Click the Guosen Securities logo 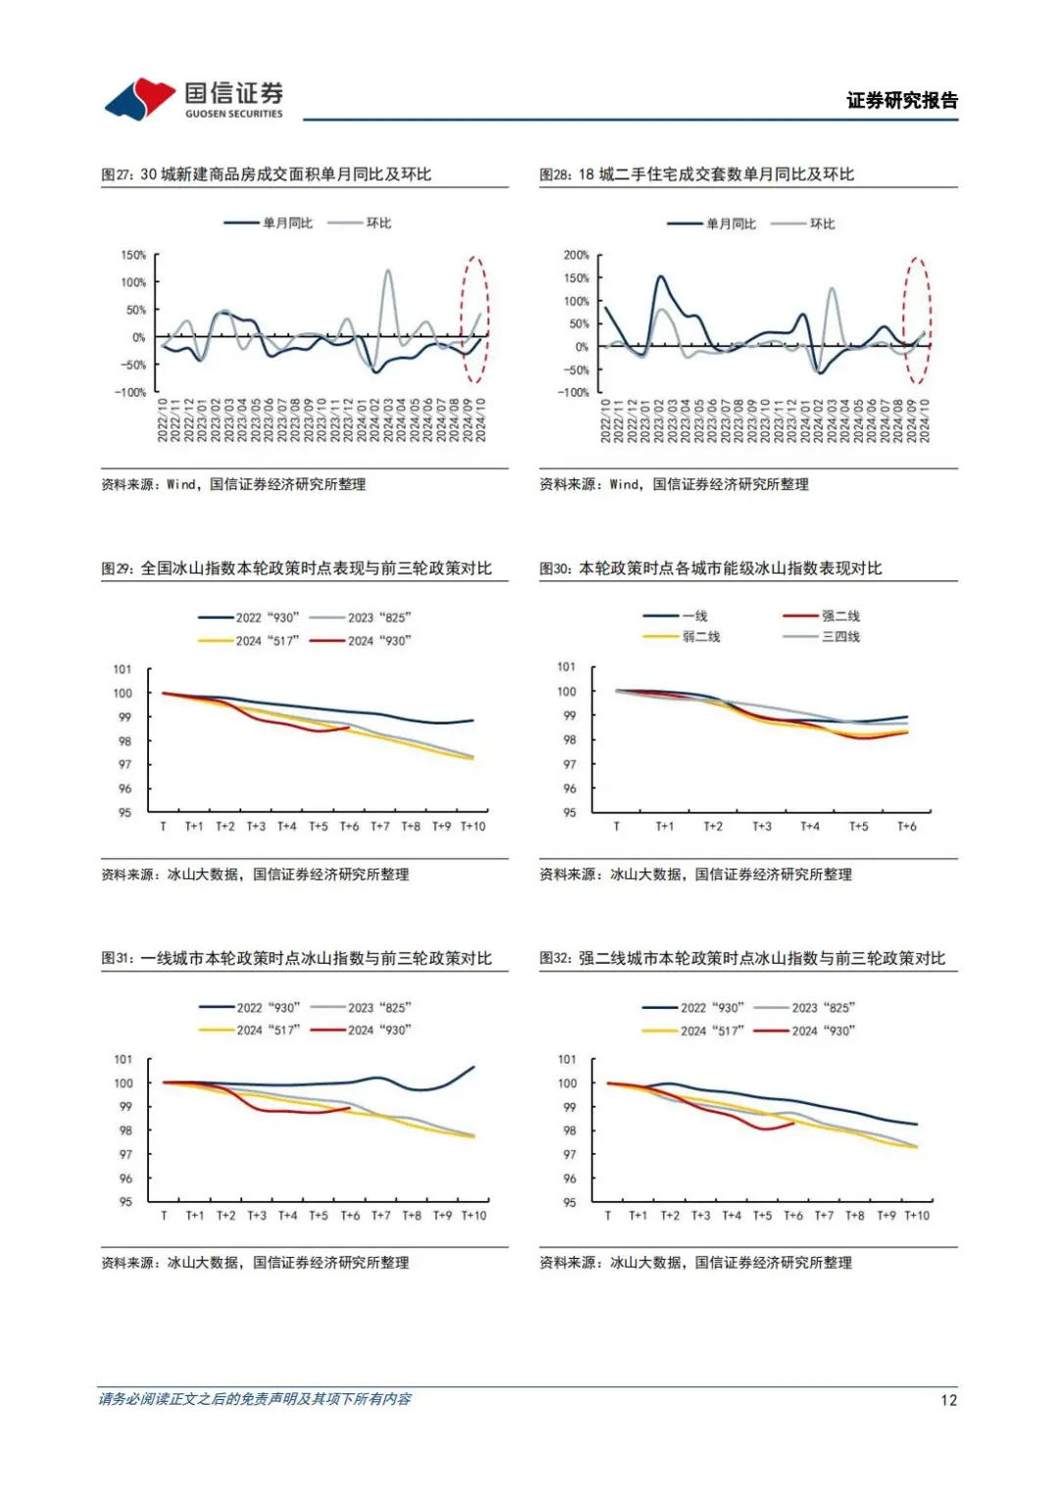coord(194,99)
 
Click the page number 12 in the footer coord(948,1400)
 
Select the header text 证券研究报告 coord(902,100)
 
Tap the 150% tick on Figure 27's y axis coord(133,255)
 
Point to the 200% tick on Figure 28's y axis coord(576,255)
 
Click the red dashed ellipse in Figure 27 coord(475,320)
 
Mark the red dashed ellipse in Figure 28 coord(917,321)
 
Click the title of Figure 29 coord(296,569)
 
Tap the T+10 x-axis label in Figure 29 coord(473,826)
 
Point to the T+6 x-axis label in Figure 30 coord(907,826)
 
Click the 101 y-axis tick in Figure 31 coord(123,1060)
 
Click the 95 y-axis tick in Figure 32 coord(569,1202)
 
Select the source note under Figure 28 coord(674,484)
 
